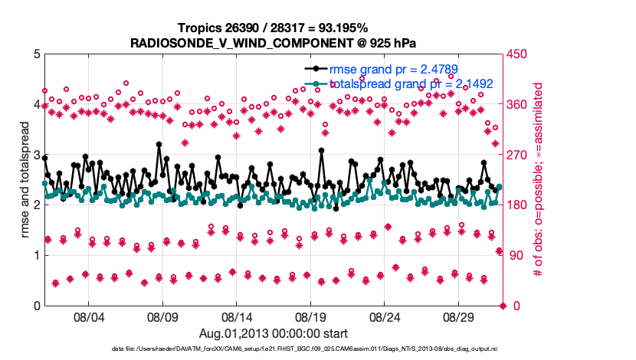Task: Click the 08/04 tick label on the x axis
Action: pyautogui.click(x=87, y=316)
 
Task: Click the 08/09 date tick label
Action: pyautogui.click(x=162, y=316)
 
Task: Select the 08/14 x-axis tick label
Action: pyautogui.click(x=237, y=316)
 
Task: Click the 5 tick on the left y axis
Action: pyautogui.click(x=36, y=54)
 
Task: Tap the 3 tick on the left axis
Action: pyautogui.click(x=36, y=155)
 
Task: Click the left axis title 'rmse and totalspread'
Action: pyautogui.click(x=24, y=180)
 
